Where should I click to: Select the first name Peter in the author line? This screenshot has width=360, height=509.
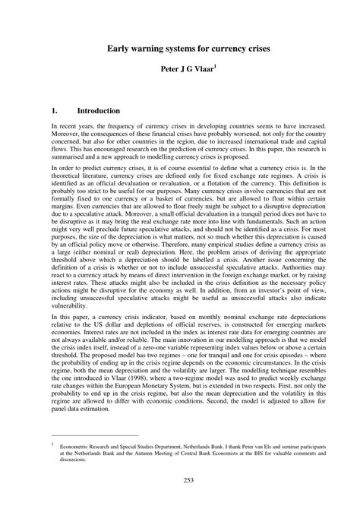click(x=171, y=68)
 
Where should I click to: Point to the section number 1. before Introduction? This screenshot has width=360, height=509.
click(x=55, y=111)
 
